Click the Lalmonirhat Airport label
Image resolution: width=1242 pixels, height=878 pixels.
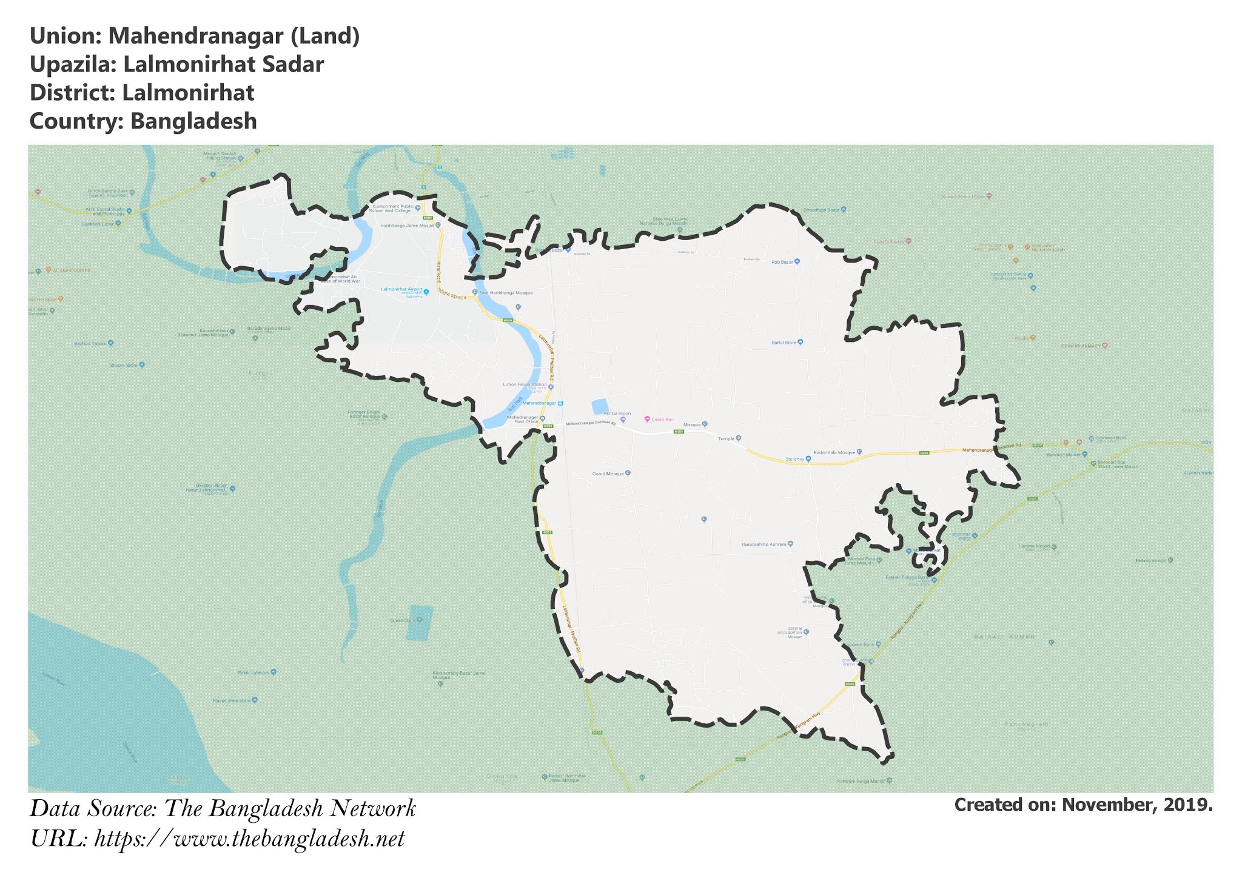click(401, 290)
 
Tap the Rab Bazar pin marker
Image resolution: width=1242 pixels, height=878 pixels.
click(797, 262)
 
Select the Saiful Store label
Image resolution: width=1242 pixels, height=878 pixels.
click(784, 343)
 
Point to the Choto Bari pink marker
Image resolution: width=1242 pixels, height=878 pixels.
click(647, 419)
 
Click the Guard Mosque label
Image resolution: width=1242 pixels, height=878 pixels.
click(608, 474)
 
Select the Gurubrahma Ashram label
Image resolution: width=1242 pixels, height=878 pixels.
click(764, 545)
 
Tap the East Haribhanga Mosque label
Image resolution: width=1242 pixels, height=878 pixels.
click(506, 293)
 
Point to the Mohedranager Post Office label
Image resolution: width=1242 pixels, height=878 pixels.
click(523, 420)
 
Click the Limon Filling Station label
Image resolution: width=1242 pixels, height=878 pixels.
click(525, 384)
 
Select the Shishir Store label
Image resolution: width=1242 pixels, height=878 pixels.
click(124, 365)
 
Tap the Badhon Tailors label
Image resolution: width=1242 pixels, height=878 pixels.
click(90, 343)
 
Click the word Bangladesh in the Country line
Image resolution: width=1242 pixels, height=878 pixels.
click(193, 121)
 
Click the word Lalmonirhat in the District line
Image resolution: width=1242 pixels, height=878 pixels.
click(188, 93)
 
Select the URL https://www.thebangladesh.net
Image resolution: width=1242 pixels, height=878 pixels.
click(249, 839)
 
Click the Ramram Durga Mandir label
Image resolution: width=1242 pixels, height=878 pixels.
click(861, 781)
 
